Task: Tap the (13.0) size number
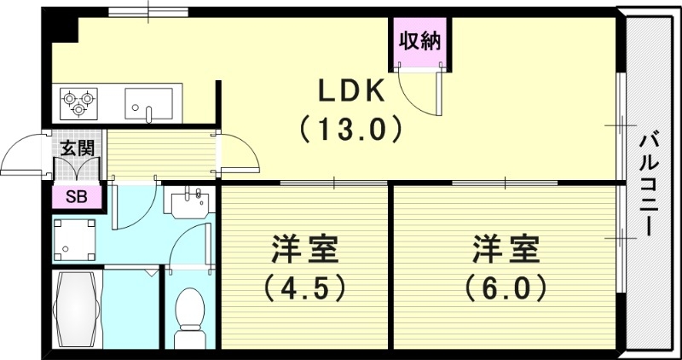click(350, 130)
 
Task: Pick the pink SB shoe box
click(75, 198)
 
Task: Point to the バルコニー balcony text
click(650, 183)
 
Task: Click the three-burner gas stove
click(78, 102)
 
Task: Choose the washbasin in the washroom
click(188, 204)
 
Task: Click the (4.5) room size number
click(305, 288)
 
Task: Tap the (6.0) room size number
click(506, 288)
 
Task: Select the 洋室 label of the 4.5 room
click(305, 251)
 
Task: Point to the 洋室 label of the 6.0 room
click(506, 251)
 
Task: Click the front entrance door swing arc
click(24, 156)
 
